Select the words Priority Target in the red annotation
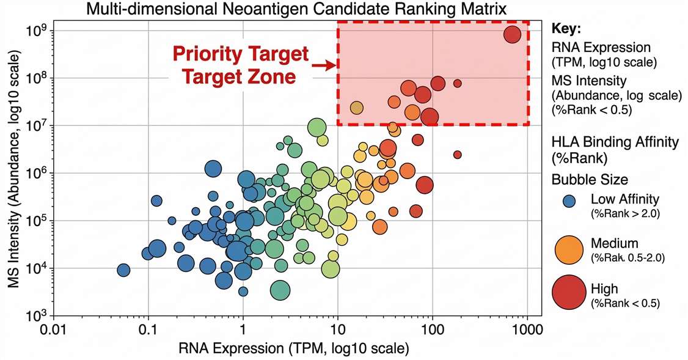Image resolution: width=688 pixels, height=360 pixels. tap(241, 54)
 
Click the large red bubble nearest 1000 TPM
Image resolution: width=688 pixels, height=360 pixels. tap(512, 35)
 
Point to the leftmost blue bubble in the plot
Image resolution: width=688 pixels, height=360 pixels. tap(123, 270)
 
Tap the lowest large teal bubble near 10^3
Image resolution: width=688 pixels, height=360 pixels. tap(280, 290)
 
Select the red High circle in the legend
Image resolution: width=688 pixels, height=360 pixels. tap(570, 293)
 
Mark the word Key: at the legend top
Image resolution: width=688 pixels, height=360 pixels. tap(566, 29)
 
